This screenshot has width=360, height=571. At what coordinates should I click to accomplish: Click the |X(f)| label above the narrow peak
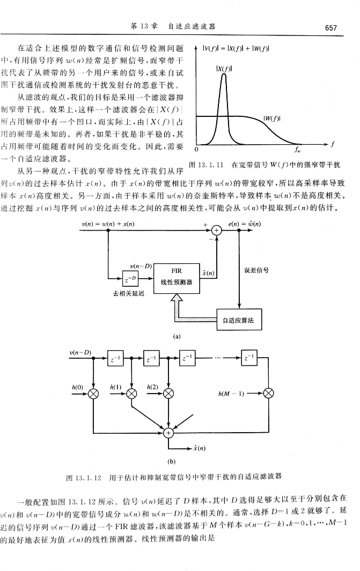[x=223, y=68]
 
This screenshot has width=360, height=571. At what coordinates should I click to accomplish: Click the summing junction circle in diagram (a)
[x=217, y=231]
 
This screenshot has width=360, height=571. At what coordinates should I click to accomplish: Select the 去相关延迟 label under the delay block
[x=127, y=295]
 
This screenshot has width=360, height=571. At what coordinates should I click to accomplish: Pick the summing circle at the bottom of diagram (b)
[x=169, y=432]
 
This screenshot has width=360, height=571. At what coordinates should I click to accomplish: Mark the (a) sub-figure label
[x=175, y=337]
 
